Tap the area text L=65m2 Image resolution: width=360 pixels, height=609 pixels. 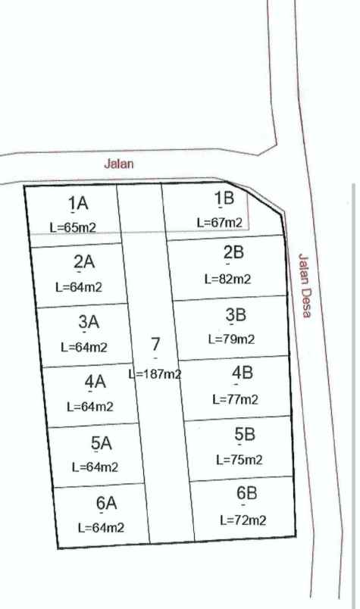click(x=73, y=226)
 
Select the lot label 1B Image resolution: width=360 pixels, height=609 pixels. click(x=224, y=199)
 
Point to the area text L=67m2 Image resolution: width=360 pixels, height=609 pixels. click(x=220, y=223)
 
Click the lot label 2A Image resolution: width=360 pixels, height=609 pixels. click(x=83, y=262)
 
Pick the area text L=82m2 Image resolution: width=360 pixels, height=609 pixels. click(x=227, y=279)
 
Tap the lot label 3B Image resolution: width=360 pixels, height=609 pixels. click(x=236, y=314)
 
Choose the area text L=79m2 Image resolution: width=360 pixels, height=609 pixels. click(x=232, y=339)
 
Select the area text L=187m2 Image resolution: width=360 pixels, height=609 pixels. click(x=155, y=373)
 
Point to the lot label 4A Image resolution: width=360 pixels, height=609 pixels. click(x=95, y=382)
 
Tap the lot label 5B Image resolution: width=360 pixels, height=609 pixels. click(x=245, y=434)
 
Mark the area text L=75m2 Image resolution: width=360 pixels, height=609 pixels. click(x=239, y=459)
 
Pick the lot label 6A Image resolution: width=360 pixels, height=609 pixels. click(x=106, y=503)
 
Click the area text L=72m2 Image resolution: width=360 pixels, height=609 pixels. click(x=243, y=520)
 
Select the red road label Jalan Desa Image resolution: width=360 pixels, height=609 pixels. click(x=305, y=285)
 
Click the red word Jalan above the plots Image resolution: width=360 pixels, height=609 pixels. click(x=118, y=163)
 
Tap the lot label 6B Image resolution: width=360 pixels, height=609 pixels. click(x=247, y=494)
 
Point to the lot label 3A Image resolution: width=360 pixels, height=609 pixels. click(x=89, y=322)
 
